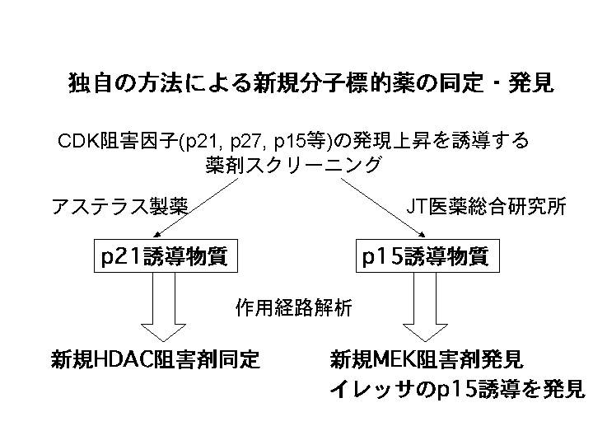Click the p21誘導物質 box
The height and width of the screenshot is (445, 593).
tap(163, 256)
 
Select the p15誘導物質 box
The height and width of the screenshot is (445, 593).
tap(426, 256)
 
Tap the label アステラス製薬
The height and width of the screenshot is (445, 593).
tap(120, 207)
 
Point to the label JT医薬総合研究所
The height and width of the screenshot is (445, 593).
tap(487, 207)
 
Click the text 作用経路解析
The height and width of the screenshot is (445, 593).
tap(294, 308)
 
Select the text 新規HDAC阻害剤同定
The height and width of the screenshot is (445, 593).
tap(156, 359)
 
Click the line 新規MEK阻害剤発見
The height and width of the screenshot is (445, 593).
tap(427, 359)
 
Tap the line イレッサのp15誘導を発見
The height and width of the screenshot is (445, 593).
tap(456, 389)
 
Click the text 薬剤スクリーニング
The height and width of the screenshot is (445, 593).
tap(294, 165)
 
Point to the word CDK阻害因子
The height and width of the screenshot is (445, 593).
tap(105, 141)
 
